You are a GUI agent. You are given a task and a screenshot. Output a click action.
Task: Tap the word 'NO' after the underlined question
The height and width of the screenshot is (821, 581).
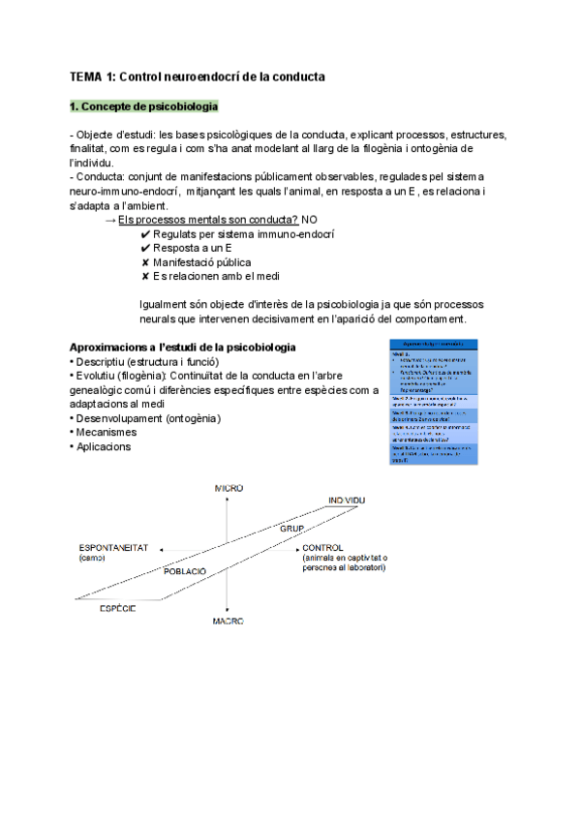coord(310,220)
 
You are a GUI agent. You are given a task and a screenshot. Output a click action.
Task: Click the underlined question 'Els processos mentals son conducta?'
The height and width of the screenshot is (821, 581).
coord(208,220)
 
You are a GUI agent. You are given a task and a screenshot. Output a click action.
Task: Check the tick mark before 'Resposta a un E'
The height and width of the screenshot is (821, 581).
coord(145,248)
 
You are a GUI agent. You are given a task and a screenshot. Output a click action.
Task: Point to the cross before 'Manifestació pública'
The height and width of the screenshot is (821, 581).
coord(145,262)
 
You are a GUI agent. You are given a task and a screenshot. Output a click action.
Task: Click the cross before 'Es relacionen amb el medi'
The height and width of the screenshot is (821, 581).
coord(145,277)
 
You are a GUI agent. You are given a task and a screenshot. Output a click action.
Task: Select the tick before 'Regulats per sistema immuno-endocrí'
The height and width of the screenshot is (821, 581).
coord(145,234)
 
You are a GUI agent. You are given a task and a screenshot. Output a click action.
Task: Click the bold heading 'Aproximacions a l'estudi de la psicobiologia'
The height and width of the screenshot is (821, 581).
coord(183,348)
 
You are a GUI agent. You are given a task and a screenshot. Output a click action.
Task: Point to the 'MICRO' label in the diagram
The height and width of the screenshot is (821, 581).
coord(229,488)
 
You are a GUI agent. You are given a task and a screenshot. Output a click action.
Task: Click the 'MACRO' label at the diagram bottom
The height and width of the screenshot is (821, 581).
coord(229,621)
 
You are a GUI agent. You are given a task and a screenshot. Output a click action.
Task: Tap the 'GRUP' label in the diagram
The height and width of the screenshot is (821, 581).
coord(291,530)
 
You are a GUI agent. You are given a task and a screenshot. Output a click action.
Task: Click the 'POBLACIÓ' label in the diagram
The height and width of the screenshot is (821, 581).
coord(185,571)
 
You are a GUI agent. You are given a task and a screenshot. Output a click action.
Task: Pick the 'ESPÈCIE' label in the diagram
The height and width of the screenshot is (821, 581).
coord(117,608)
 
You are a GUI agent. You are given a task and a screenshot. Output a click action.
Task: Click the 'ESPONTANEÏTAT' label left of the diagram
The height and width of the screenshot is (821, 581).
coord(113,548)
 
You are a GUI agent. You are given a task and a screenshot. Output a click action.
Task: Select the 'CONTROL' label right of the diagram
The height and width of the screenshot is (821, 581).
coord(322,548)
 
